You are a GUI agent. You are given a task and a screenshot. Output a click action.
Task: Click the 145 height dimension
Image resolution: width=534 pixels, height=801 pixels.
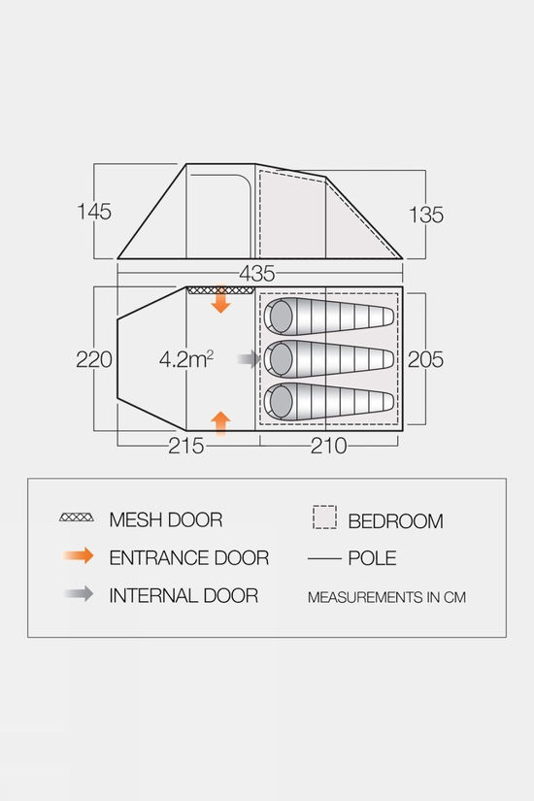click(94, 212)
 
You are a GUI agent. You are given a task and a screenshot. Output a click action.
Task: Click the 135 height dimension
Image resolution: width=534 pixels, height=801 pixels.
click(426, 215)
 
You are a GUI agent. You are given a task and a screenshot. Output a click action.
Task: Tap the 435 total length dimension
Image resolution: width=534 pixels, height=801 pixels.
click(257, 274)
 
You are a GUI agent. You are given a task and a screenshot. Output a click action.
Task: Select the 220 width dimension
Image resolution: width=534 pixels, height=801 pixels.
click(94, 359)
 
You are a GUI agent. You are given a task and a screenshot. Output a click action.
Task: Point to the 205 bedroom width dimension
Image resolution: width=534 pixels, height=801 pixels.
click(425, 359)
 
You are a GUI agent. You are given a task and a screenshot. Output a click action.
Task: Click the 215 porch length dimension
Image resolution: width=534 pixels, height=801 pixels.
click(186, 446)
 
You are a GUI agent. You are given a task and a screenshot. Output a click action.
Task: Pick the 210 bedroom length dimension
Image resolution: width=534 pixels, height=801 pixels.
click(328, 446)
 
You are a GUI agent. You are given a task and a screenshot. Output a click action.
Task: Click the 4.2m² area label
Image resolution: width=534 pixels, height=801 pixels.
click(186, 359)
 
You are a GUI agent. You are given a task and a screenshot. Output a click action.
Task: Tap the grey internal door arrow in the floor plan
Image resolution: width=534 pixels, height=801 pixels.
click(250, 359)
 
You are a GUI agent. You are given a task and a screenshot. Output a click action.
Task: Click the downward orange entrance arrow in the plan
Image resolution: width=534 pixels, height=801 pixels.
click(220, 299)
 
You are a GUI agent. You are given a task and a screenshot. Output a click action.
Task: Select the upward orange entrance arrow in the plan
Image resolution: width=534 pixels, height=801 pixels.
click(220, 423)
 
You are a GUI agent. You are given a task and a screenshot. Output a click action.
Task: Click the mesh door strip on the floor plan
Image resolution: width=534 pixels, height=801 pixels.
click(220, 290)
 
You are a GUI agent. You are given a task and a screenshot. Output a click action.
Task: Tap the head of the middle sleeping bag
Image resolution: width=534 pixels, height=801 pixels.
click(281, 359)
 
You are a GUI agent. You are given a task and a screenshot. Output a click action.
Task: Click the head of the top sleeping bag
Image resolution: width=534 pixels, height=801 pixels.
click(281, 317)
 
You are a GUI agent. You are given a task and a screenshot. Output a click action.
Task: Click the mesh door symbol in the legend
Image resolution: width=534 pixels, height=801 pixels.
click(76, 517)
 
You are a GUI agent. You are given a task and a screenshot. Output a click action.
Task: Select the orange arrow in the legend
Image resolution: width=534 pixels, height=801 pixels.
click(79, 555)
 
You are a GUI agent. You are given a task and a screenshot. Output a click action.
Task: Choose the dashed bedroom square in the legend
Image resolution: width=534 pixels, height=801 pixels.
click(324, 517)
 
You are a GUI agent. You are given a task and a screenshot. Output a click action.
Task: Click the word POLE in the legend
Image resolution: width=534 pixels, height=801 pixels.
click(372, 558)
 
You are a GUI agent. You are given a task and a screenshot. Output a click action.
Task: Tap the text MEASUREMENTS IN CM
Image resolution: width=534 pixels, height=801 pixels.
click(386, 597)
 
